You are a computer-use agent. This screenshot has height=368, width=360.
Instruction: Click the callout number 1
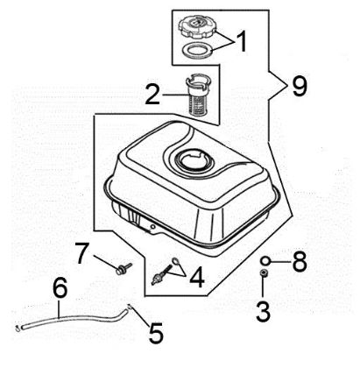click(x=242, y=41)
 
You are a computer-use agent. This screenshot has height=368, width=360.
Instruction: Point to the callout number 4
click(x=198, y=280)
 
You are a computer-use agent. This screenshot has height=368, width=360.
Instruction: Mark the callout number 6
click(x=60, y=287)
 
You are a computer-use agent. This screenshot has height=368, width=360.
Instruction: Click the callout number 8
click(x=299, y=260)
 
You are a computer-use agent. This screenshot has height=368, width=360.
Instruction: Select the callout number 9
click(x=300, y=86)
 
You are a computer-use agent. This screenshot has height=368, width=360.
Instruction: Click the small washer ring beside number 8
click(x=265, y=260)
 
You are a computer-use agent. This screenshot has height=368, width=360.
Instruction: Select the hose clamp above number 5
click(x=131, y=307)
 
